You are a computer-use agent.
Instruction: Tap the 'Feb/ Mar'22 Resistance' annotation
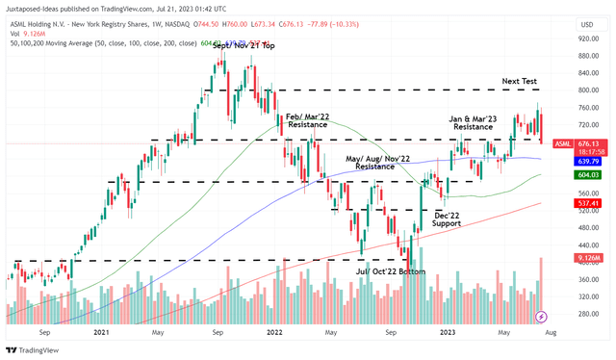click(305, 120)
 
